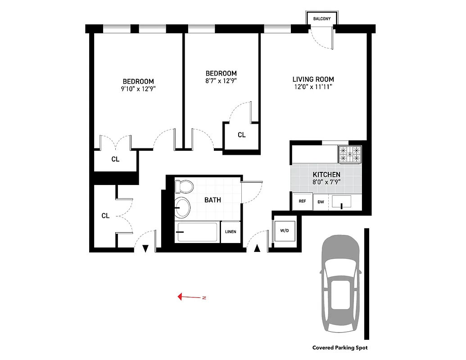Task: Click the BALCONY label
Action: pyautogui.click(x=322, y=19)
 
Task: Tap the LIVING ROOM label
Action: pyautogui.click(x=313, y=79)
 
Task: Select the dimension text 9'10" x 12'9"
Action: pyautogui.click(x=138, y=89)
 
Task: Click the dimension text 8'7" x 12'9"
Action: pyautogui.click(x=221, y=81)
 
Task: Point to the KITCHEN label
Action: pyautogui.click(x=326, y=175)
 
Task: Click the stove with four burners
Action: pyautogui.click(x=350, y=154)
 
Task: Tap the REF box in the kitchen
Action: pyautogui.click(x=302, y=202)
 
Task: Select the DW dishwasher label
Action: pyautogui.click(x=321, y=202)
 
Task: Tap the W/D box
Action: pyautogui.click(x=285, y=231)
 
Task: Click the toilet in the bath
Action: pyautogui.click(x=184, y=186)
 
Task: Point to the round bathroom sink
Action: pyautogui.click(x=182, y=207)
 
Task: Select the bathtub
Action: pyautogui.click(x=196, y=232)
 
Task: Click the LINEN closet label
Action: pyautogui.click(x=231, y=232)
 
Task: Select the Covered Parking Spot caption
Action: pyautogui.click(x=340, y=348)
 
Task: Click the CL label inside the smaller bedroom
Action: pyautogui.click(x=242, y=135)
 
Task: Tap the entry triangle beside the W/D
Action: pyautogui.click(x=257, y=248)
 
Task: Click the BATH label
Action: pyautogui.click(x=213, y=200)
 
